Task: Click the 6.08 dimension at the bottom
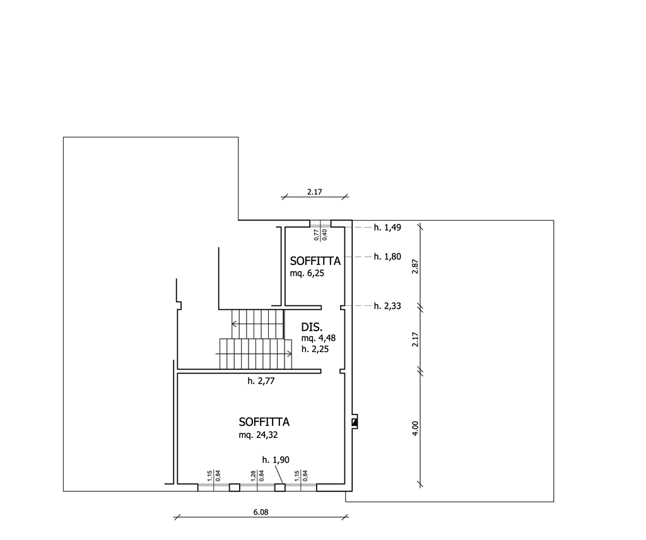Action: tap(261, 512)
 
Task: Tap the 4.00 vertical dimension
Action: tap(415, 428)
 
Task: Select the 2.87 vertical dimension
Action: tap(415, 266)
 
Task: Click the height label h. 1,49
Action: tap(387, 227)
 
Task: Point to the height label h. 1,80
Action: tap(387, 257)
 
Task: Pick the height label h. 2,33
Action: tap(387, 306)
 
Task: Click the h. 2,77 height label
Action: tap(261, 381)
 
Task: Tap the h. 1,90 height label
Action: tap(276, 460)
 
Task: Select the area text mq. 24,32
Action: tap(258, 435)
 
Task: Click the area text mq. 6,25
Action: tap(307, 273)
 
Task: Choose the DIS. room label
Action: tap(312, 327)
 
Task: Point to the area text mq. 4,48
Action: tap(319, 338)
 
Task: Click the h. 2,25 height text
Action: tap(315, 349)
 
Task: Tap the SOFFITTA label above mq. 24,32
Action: tap(264, 422)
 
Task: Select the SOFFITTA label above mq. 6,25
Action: tap(315, 261)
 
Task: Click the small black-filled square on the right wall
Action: tap(354, 422)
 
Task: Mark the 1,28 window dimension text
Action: tap(254, 475)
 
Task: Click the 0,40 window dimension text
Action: tap(325, 235)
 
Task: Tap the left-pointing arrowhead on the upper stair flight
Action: tap(233, 324)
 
